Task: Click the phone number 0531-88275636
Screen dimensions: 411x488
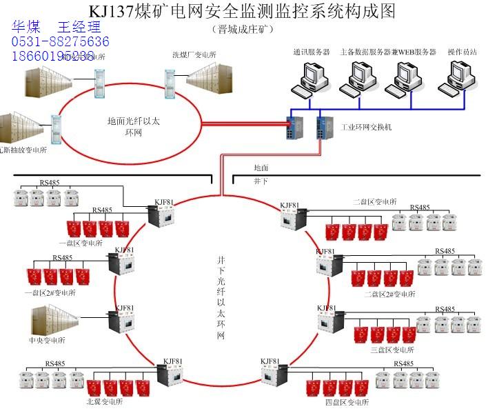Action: point(59,42)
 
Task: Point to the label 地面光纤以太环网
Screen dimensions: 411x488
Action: point(134,126)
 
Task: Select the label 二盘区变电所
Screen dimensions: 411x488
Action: point(374,202)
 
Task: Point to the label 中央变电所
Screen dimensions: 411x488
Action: point(47,340)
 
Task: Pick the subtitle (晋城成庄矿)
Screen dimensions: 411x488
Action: point(244,29)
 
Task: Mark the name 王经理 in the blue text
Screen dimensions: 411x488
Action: point(79,28)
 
